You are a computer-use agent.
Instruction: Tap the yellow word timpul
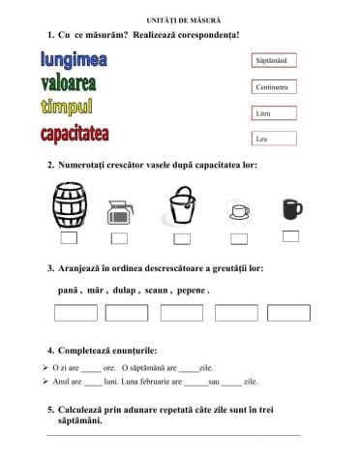(67, 107)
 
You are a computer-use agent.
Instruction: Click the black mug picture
(290, 208)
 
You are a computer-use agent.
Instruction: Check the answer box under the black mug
(290, 235)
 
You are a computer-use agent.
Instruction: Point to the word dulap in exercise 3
(120, 290)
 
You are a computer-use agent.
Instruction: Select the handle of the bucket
(183, 195)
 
